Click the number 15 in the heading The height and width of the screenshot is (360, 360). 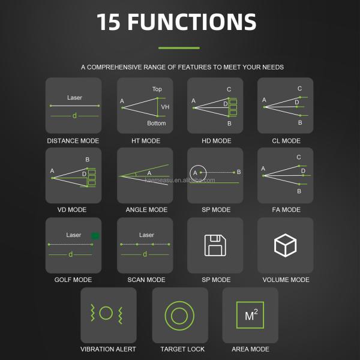tap(109, 22)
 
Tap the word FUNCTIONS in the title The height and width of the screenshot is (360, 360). tap(192, 22)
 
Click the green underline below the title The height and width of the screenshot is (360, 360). tap(179, 48)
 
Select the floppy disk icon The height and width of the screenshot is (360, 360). tap(215, 245)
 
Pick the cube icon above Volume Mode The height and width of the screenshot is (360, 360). tap(285, 245)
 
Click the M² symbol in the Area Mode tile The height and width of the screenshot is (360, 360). tap(251, 315)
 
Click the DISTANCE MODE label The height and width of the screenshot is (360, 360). tap(73, 141)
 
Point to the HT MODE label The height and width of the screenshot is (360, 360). tap(146, 141)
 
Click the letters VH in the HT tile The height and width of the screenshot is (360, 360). tap(165, 107)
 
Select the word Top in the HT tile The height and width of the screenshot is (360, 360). tap(157, 89)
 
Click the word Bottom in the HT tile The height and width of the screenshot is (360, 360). tap(157, 123)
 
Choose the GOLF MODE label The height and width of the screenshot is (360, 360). tap(73, 280)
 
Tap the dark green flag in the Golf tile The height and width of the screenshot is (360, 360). tap(95, 236)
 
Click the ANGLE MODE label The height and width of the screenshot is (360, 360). tap(146, 209)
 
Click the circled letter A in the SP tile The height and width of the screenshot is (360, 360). tap(198, 173)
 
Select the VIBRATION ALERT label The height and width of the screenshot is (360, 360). tap(108, 349)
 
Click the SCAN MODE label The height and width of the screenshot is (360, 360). tap(146, 280)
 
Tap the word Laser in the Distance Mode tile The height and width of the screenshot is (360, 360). tap(74, 98)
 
